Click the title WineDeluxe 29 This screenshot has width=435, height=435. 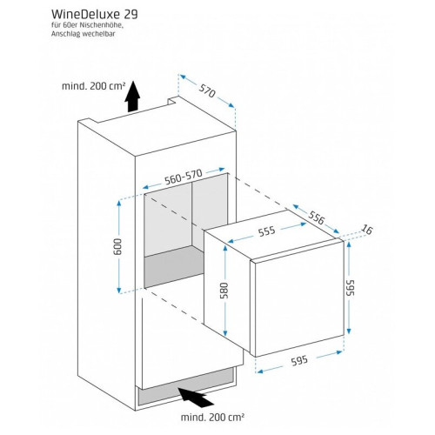tap(95, 14)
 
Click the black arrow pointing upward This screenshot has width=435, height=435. tap(132, 97)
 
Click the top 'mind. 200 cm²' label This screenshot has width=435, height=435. tap(94, 86)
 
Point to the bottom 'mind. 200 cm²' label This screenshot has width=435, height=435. tap(212, 418)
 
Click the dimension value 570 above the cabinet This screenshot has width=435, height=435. tap(207, 90)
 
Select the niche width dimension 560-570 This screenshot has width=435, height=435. tap(184, 177)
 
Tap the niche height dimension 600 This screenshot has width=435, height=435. tap(118, 246)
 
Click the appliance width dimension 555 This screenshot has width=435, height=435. tap(267, 231)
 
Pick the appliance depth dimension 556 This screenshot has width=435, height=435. tap(316, 218)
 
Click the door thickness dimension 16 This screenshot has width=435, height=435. tap(366, 230)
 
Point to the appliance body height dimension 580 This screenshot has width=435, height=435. tap(224, 290)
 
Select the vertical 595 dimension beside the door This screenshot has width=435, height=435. tap(350, 287)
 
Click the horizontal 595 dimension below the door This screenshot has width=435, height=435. tap(299, 361)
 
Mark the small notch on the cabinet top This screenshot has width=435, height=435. tap(171, 101)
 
